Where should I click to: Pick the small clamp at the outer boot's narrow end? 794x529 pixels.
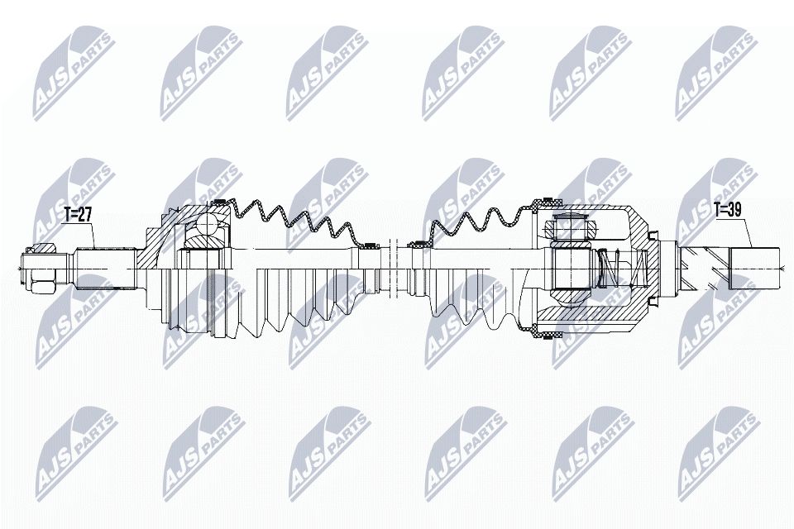point(371,244)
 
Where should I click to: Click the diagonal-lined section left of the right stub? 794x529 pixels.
point(703,266)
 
